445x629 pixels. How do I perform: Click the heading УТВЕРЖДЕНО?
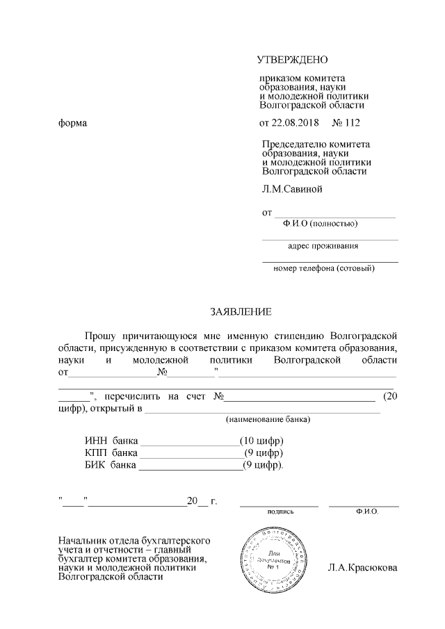click(292, 60)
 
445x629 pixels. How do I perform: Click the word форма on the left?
click(73, 124)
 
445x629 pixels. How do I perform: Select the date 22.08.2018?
click(294, 124)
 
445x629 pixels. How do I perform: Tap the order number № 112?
click(347, 124)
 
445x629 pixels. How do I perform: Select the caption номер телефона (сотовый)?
click(324, 268)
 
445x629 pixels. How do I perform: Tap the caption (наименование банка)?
click(268, 420)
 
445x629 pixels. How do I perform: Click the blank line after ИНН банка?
click(190, 443)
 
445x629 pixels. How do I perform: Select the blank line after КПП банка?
click(190, 454)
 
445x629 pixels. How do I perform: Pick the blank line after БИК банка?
click(190, 465)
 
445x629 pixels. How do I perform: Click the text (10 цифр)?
click(262, 441)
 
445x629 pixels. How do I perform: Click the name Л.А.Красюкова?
click(363, 568)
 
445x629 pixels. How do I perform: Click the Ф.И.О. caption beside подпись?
click(365, 511)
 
